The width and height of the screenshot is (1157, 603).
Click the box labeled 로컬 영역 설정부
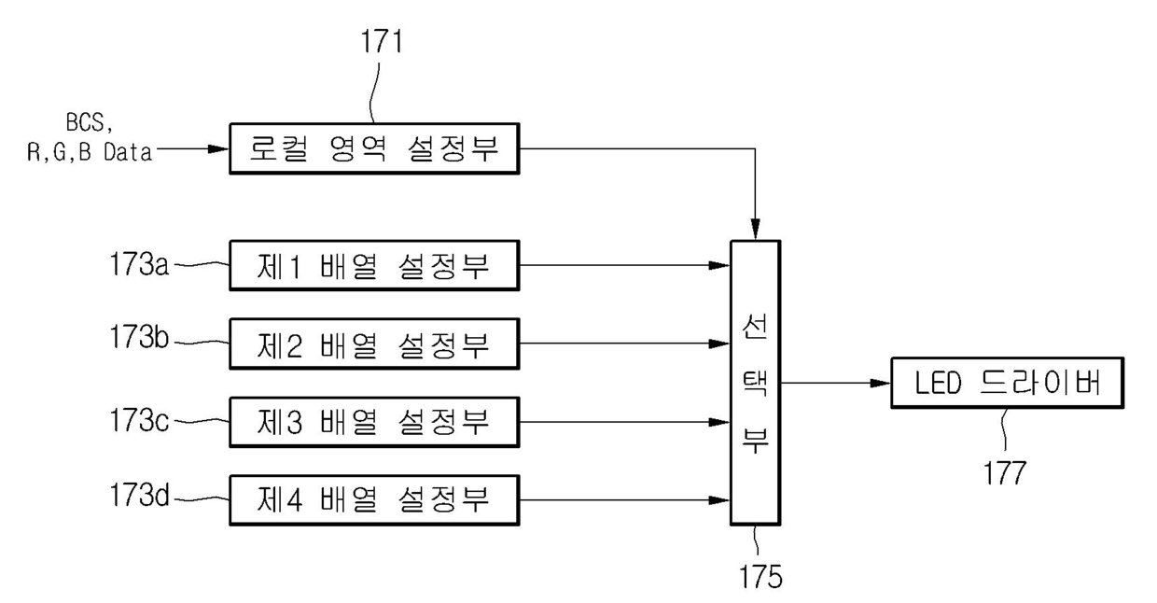click(374, 148)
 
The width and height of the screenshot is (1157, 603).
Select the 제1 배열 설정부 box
click(374, 266)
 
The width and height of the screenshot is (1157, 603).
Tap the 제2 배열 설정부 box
click(374, 344)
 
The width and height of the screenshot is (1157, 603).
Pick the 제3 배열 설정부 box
click(374, 422)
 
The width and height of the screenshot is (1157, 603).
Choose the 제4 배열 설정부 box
click(374, 500)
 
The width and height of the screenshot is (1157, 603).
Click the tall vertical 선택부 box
click(755, 383)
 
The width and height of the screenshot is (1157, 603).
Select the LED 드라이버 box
click(1007, 383)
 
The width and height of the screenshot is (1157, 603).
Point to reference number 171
click(382, 41)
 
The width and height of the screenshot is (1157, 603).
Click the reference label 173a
click(139, 264)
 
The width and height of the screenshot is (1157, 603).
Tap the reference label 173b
click(139, 337)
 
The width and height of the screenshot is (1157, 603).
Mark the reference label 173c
click(139, 420)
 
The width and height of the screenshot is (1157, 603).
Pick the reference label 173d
click(139, 495)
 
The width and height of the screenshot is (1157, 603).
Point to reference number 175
click(760, 576)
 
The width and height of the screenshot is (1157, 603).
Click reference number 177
click(1004, 473)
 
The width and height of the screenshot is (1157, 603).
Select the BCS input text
click(90, 123)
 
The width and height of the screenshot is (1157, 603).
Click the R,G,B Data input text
click(90, 152)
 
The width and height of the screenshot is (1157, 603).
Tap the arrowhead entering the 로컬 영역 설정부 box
click(218, 148)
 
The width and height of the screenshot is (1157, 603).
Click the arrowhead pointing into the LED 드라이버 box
click(880, 383)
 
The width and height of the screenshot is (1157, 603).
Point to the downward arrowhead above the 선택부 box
click(755, 230)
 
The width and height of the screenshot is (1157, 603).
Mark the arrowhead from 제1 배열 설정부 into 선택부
click(719, 266)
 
